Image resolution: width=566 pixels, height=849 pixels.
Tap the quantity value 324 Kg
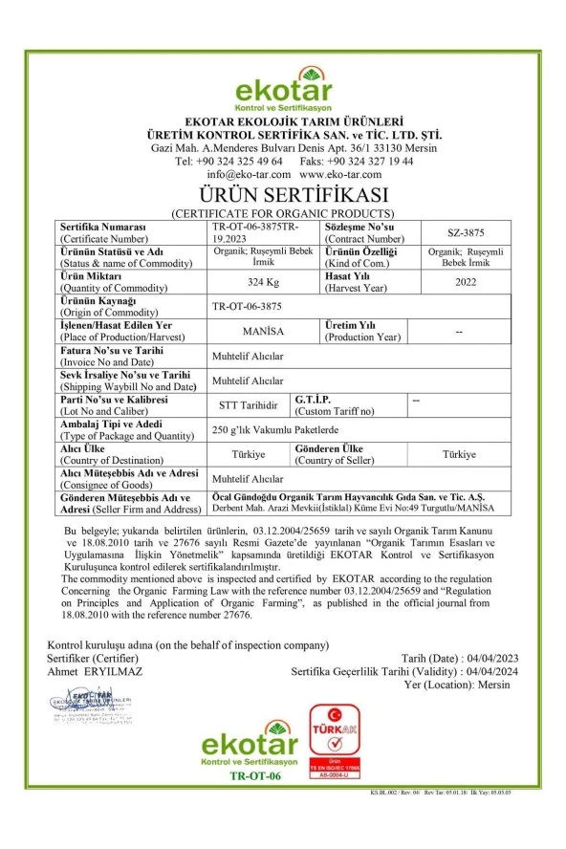[255, 282]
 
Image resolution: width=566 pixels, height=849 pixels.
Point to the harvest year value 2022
[466, 282]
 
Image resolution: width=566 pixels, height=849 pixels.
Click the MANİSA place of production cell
[254, 332]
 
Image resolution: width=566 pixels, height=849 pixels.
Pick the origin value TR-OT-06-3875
[248, 307]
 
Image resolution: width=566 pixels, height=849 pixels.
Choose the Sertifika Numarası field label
[103, 227]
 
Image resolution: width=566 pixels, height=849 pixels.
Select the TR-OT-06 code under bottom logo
[254, 775]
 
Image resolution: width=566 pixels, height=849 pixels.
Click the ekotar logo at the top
[283, 89]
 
